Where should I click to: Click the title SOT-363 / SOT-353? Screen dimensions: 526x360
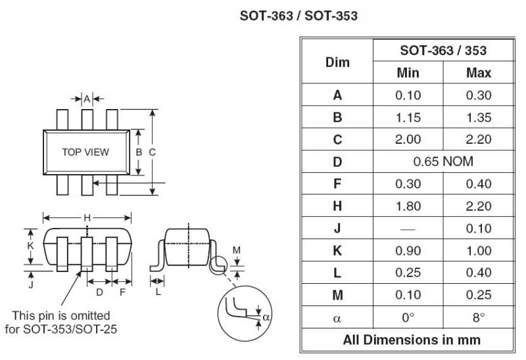pyautogui.click(x=299, y=16)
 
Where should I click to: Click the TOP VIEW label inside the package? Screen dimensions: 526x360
pyautogui.click(x=85, y=152)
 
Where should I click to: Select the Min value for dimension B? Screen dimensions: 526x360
pyautogui.click(x=408, y=118)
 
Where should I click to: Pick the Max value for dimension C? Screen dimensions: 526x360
pyautogui.click(x=479, y=139)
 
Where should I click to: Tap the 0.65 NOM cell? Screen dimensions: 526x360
pyautogui.click(x=443, y=162)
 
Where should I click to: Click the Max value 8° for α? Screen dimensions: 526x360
pyautogui.click(x=479, y=317)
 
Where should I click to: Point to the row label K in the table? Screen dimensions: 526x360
pyautogui.click(x=337, y=250)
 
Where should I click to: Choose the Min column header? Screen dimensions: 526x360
pyautogui.click(x=408, y=73)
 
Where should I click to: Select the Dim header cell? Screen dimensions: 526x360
pyautogui.click(x=337, y=62)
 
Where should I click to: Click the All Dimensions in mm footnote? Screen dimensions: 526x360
pyautogui.click(x=412, y=340)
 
